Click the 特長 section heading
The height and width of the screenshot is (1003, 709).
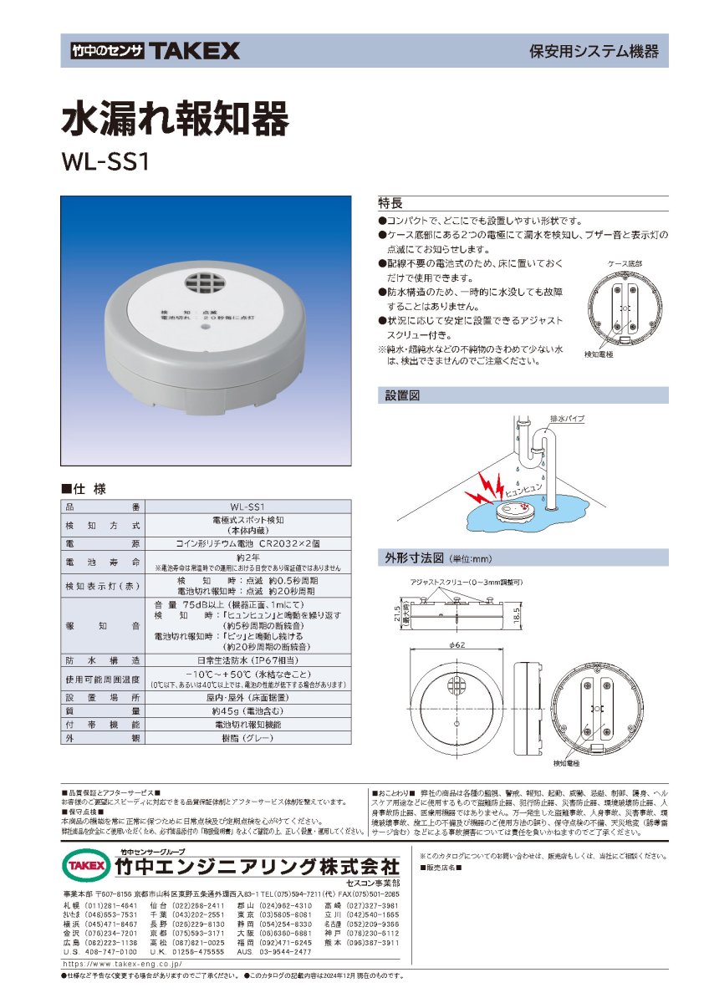click(391, 204)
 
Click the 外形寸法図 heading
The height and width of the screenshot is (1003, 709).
click(414, 557)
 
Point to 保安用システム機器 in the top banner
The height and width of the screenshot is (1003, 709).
click(594, 52)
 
